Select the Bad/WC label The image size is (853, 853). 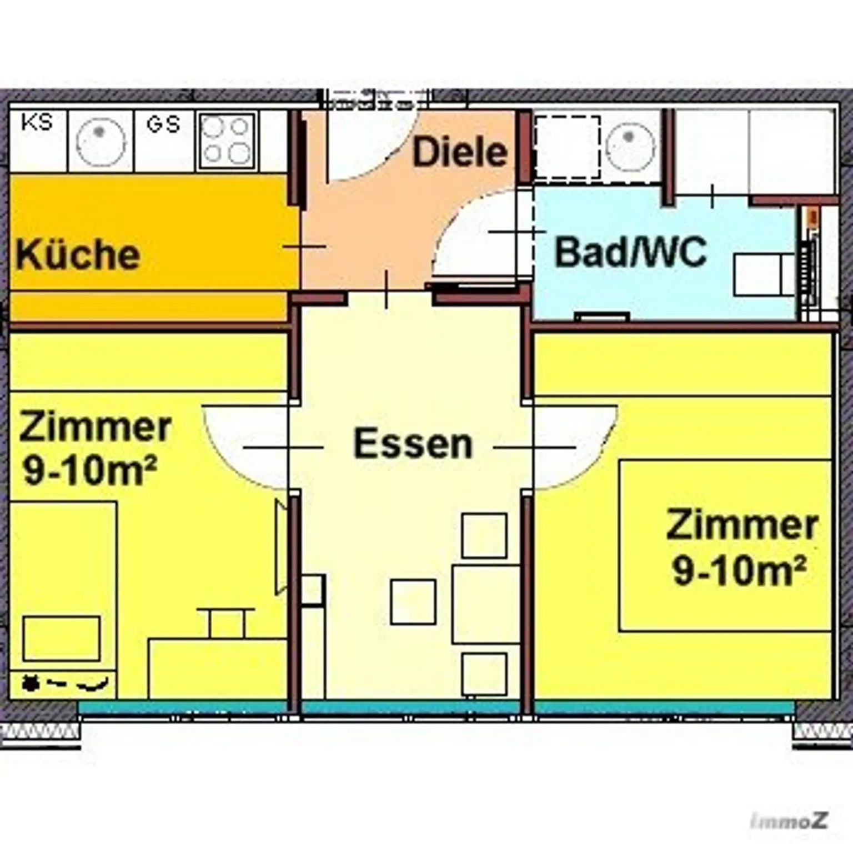pyautogui.click(x=631, y=252)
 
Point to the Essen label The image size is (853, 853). pyautogui.click(x=413, y=444)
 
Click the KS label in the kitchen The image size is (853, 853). pyautogui.click(x=37, y=122)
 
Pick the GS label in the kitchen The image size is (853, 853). pyautogui.click(x=163, y=124)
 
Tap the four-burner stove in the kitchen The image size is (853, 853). pyautogui.click(x=227, y=142)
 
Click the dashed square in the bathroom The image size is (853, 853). pyautogui.click(x=568, y=148)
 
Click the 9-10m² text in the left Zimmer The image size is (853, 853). pyautogui.click(x=89, y=473)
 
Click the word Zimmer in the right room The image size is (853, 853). pyautogui.click(x=742, y=525)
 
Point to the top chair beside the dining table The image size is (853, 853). pyautogui.click(x=484, y=535)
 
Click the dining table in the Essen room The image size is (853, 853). pyautogui.click(x=486, y=604)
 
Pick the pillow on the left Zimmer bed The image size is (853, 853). pyautogui.click(x=62, y=638)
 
